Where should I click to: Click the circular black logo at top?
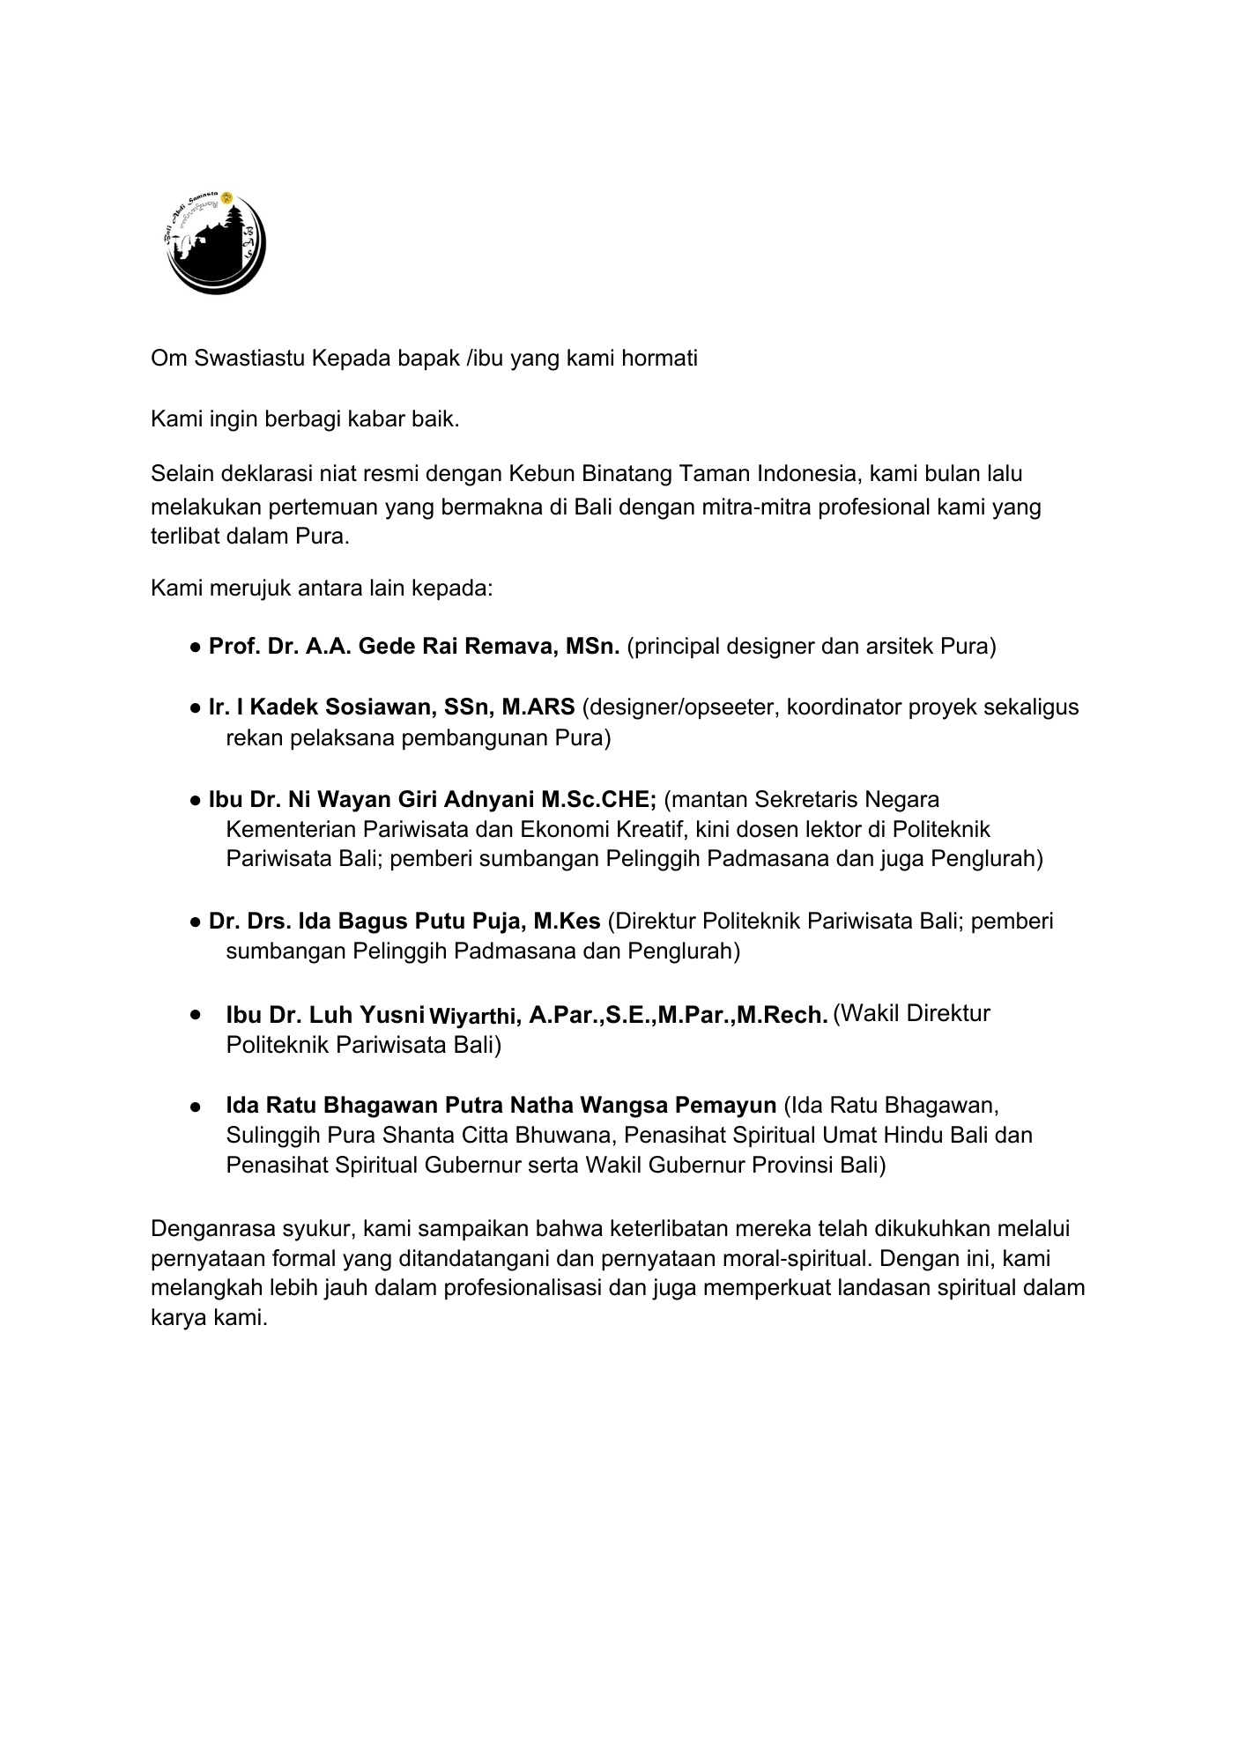(216, 241)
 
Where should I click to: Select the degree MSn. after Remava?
(593, 647)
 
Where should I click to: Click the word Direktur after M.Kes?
(660, 922)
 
